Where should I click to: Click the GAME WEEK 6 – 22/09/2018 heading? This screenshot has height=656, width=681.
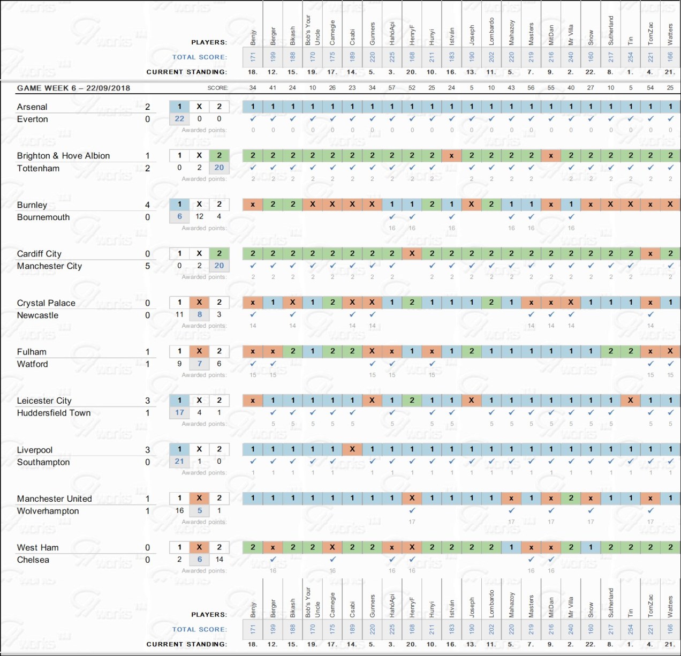click(73, 88)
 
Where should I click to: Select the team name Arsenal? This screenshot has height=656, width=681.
click(32, 107)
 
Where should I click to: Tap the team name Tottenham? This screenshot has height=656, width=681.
click(38, 169)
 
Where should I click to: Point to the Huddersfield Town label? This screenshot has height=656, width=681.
click(54, 413)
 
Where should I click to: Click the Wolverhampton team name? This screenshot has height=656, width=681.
click(48, 511)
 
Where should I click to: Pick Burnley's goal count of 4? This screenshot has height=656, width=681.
click(147, 205)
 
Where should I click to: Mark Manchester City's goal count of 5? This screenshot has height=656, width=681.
click(147, 266)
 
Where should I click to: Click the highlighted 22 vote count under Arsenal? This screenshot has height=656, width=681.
click(179, 119)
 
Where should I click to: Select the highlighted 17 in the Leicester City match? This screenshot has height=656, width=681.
click(179, 412)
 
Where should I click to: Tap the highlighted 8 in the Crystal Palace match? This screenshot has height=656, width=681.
click(199, 314)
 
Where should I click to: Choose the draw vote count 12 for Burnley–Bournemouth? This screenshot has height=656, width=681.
click(199, 216)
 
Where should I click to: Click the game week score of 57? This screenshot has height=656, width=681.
click(392, 88)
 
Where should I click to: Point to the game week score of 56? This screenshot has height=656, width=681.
click(531, 88)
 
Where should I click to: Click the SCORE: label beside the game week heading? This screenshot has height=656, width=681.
click(217, 88)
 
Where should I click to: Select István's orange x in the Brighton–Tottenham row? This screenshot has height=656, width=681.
click(452, 156)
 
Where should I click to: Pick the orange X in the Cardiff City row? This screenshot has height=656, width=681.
click(412, 254)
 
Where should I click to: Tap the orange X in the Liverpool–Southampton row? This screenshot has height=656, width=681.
click(352, 449)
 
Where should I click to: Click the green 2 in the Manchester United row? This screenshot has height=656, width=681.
click(571, 498)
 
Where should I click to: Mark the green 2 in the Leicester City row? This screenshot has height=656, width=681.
click(412, 400)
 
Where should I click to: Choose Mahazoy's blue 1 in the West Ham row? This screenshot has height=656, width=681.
click(511, 547)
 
